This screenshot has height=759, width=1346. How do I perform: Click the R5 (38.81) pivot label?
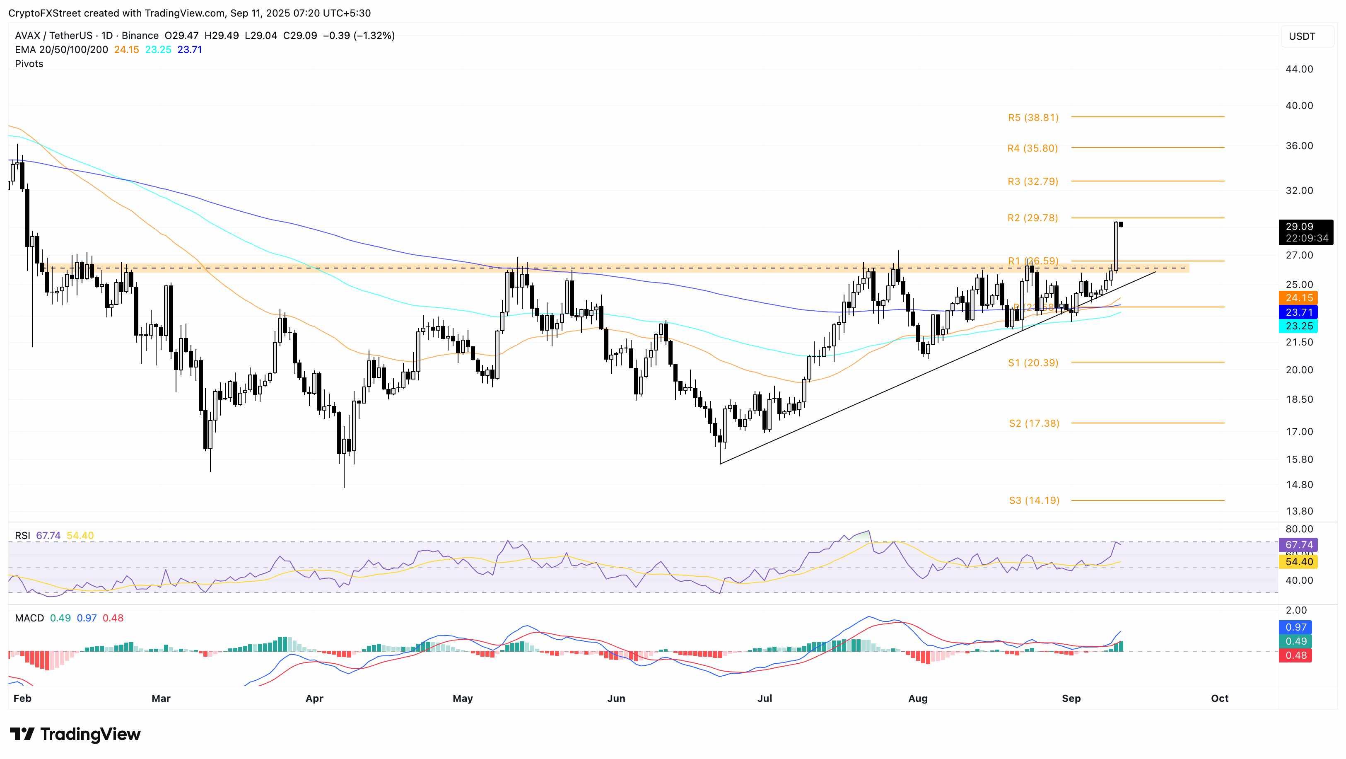point(1033,118)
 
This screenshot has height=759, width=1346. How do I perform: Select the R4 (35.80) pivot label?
point(1032,148)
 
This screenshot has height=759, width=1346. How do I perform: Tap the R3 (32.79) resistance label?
point(1032,181)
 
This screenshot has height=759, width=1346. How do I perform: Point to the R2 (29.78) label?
point(1032,218)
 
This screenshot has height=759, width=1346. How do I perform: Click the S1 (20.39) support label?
point(1033,363)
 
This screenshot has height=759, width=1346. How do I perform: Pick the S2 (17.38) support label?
point(1034,423)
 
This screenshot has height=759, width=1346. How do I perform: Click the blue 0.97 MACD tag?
point(1296,627)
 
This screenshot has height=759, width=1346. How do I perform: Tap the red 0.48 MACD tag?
point(1296,655)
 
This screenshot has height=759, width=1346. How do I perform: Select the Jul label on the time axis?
point(765,699)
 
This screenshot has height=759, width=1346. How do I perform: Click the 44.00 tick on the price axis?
point(1299,69)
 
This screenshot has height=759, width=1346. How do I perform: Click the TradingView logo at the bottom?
point(75,735)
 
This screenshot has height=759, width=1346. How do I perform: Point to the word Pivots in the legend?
point(29,64)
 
